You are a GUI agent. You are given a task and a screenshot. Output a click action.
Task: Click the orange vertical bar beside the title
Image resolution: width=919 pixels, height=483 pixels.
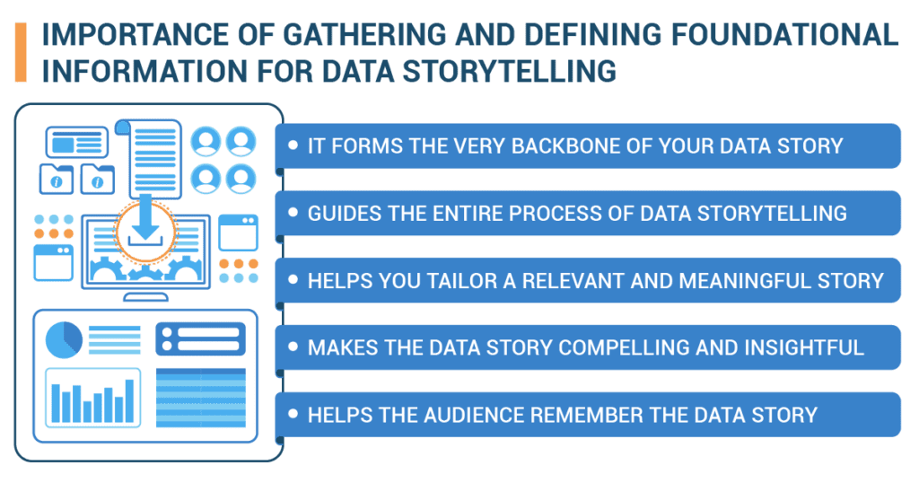[21, 52]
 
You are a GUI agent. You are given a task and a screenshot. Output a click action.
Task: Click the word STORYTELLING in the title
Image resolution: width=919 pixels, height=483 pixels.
[510, 71]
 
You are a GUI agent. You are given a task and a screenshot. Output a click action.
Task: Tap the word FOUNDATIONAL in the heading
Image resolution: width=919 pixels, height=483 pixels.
[784, 35]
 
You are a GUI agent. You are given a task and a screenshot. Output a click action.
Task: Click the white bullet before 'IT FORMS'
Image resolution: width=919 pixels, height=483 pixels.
[293, 145]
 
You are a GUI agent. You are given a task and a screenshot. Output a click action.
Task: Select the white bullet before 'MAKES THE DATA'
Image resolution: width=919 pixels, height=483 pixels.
[293, 347]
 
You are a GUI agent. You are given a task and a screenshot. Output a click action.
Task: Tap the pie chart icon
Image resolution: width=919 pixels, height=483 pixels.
[64, 339]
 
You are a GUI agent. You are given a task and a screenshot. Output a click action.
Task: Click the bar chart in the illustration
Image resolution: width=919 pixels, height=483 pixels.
[92, 398]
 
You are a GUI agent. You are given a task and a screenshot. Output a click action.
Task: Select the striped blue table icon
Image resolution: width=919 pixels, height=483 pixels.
[201, 398]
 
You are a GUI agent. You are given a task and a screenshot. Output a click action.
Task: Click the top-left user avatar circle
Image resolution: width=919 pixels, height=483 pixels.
[206, 141]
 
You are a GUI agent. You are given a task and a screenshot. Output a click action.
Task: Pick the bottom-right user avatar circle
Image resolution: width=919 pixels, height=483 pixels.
[241, 179]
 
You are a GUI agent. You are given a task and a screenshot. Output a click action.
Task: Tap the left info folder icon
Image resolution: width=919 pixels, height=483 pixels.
[57, 179]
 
